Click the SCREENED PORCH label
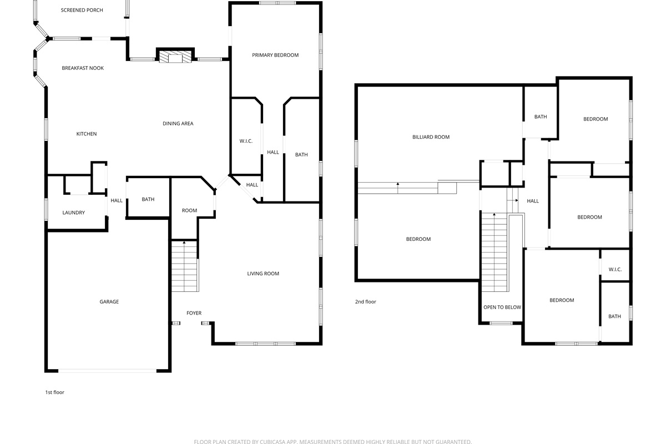pos(82,10)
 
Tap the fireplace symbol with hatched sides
pos(175,57)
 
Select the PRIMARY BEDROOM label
pos(275,55)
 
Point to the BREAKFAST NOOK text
pos(83,68)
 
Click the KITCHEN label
pos(87,134)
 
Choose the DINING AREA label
pos(178,123)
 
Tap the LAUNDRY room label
pos(73,213)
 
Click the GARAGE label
pos(109,301)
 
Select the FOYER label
pos(194,313)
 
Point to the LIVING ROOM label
pos(263,274)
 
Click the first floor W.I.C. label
pos(246,141)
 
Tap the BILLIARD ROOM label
pos(431,137)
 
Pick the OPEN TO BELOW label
pos(502,307)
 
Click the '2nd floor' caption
pos(365,301)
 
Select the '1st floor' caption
pos(55,392)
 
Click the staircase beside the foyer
pos(185,266)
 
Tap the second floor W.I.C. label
pos(615,269)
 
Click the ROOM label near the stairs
pos(189,210)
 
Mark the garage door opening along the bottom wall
pos(107,371)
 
